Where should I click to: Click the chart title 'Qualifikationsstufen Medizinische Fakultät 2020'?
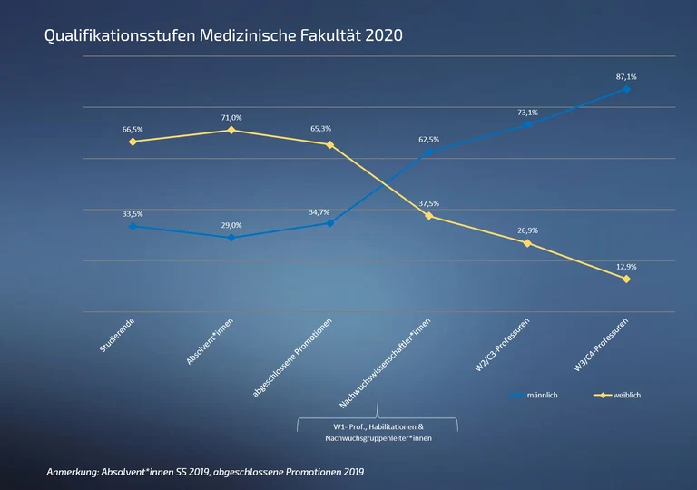(x=223, y=36)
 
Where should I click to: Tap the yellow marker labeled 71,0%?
(x=231, y=130)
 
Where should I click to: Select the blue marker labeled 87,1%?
(x=626, y=89)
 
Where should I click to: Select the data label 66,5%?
(x=133, y=130)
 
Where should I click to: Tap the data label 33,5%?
(x=133, y=214)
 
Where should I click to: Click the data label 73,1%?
(x=527, y=113)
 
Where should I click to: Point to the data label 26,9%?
(x=527, y=230)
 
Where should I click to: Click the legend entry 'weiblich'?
(x=627, y=396)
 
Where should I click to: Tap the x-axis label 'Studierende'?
(x=118, y=337)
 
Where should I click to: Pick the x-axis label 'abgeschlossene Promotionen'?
(x=293, y=358)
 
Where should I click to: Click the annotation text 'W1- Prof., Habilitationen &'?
(x=377, y=426)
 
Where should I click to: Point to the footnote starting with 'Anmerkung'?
(x=205, y=473)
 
